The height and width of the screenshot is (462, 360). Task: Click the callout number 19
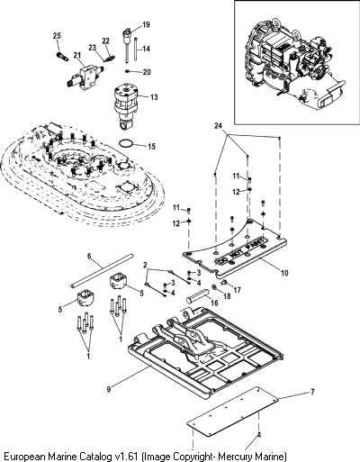[x=146, y=24]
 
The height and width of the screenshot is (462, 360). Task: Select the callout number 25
[x=57, y=36]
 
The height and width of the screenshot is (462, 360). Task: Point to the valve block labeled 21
[x=85, y=76]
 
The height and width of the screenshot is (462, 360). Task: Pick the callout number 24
[x=219, y=126]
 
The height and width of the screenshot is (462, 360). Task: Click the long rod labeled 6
[x=102, y=271]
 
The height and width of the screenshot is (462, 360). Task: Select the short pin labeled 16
[x=197, y=295]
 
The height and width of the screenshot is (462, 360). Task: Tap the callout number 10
[x=284, y=273]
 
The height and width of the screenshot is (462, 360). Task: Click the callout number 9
[x=109, y=389]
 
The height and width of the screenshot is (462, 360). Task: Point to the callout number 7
[x=312, y=392]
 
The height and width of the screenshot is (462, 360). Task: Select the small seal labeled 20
[x=128, y=71]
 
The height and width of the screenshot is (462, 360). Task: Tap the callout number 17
[x=237, y=290]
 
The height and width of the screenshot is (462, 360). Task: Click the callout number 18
[x=227, y=296]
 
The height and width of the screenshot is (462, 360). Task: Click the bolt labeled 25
[x=62, y=56]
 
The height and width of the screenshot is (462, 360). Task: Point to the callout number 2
[x=145, y=265]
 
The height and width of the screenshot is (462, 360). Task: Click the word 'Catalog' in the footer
[x=94, y=457]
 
